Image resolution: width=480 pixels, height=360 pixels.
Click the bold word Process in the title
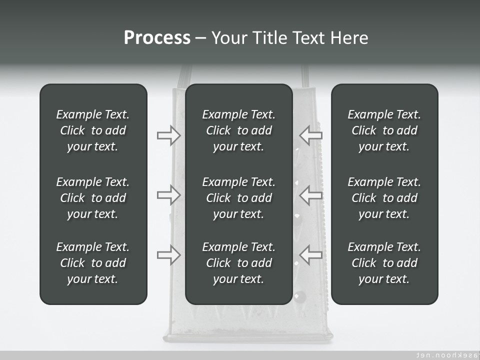[x=157, y=38]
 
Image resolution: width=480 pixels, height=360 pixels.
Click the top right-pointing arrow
[x=169, y=135]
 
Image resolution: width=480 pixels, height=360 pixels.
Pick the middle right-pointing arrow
[x=169, y=195]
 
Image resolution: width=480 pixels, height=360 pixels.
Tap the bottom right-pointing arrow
[x=169, y=255]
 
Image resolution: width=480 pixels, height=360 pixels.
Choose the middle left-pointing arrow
[x=311, y=195]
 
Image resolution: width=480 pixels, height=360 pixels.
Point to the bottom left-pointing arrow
[x=311, y=255]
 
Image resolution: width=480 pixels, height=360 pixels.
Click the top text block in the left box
[x=93, y=130]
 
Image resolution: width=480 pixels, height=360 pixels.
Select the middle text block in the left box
[x=93, y=198]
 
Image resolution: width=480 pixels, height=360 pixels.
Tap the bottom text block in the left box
[x=93, y=263]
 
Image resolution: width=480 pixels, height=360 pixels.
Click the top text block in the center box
[x=238, y=130]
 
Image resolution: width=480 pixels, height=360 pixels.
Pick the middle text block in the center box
[x=238, y=198]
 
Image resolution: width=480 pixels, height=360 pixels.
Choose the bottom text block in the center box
[x=238, y=263]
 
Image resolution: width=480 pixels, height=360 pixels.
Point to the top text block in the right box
[x=384, y=130]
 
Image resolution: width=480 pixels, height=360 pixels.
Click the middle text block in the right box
[x=384, y=198]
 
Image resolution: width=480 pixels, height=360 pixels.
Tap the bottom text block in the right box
[x=384, y=263]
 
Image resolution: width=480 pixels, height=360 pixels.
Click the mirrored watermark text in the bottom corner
[x=444, y=354]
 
